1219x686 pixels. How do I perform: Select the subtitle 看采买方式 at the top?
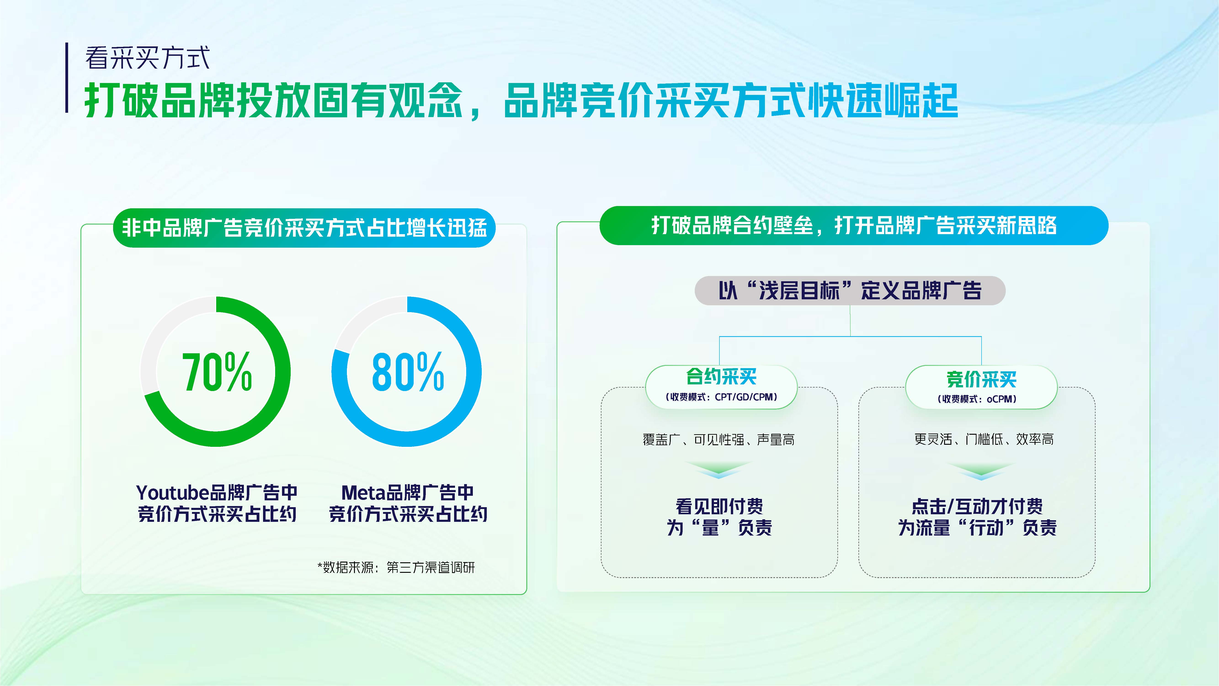click(x=147, y=58)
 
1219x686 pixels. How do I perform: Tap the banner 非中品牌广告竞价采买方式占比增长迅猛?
click(x=304, y=228)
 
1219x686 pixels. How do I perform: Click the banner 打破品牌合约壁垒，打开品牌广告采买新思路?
click(x=854, y=225)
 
